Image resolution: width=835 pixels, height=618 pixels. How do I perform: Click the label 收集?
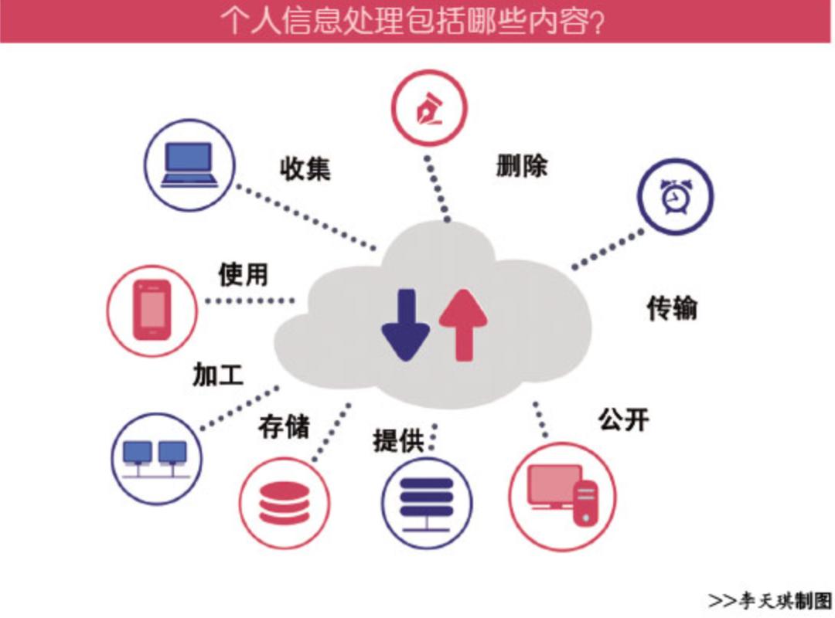click(x=305, y=168)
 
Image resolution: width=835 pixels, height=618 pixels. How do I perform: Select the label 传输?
click(x=671, y=307)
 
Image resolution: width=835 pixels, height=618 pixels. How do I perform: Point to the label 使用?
click(x=243, y=274)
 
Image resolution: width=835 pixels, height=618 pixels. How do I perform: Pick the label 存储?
click(x=284, y=426)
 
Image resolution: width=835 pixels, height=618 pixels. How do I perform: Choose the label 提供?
click(x=398, y=440)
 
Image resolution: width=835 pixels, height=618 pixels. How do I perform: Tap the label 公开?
click(x=623, y=419)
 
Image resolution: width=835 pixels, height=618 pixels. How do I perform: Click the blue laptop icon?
click(x=189, y=165)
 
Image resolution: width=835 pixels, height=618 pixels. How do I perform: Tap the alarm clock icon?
click(x=675, y=198)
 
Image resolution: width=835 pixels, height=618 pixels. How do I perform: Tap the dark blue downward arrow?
click(x=405, y=324)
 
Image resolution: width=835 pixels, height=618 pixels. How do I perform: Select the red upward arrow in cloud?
click(x=463, y=324)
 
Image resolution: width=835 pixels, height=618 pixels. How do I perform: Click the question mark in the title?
click(x=595, y=22)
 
